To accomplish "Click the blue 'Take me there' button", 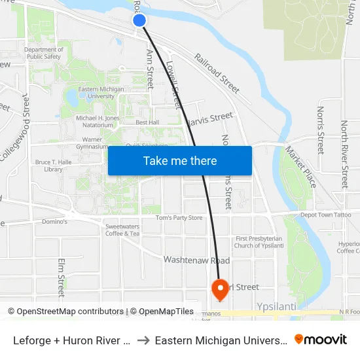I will (180, 160).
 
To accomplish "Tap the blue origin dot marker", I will (139, 20).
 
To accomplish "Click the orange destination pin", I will (219, 289).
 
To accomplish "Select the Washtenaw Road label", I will (196, 260).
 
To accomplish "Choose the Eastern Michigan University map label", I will (96, 92).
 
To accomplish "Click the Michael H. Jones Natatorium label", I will (98, 121).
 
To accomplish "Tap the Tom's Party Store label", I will (179, 218).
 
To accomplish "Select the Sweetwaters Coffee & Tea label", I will (122, 230).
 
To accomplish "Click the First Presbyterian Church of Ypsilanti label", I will (259, 242).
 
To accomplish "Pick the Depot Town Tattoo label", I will (325, 215).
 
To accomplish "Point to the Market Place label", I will (300, 166).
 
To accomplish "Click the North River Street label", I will (344, 154).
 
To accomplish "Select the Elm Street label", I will (62, 278).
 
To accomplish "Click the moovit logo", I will (321, 339).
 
